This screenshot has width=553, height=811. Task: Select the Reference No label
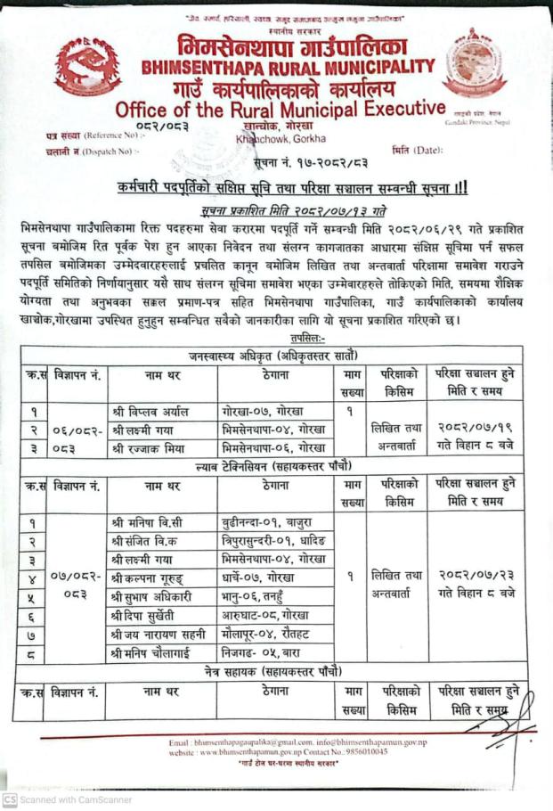point(92,135)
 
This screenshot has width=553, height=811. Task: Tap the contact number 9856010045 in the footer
point(367,753)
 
